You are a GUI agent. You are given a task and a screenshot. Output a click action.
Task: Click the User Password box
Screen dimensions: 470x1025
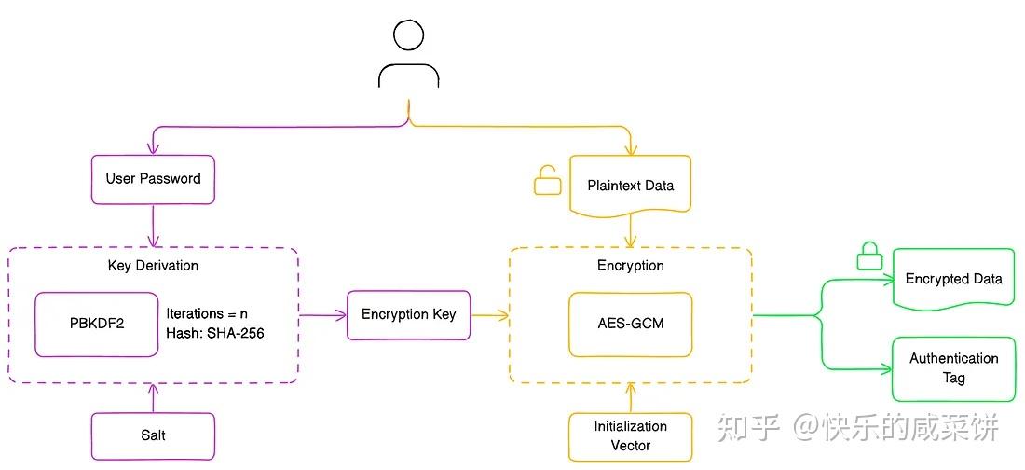(153, 179)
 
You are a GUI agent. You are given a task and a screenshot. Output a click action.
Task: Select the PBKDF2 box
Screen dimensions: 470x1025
(97, 324)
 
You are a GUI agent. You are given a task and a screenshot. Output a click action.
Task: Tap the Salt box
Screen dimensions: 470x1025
(153, 435)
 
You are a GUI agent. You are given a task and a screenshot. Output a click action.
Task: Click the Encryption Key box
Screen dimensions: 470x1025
(408, 314)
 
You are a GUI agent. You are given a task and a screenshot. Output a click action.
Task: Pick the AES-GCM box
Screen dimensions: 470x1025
(630, 324)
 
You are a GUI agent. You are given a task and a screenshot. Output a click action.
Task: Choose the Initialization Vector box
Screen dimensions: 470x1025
(630, 435)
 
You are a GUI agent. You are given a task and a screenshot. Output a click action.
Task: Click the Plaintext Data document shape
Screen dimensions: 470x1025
(630, 185)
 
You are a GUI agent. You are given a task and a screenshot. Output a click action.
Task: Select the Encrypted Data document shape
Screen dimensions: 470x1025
(953, 279)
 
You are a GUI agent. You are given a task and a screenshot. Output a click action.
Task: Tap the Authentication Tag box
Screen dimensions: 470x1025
(953, 368)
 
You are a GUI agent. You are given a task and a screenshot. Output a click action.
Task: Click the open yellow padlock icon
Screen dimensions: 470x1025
(547, 180)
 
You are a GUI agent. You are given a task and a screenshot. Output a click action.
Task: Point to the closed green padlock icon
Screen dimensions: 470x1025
(868, 256)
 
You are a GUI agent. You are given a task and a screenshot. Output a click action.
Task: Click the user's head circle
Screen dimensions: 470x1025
(408, 35)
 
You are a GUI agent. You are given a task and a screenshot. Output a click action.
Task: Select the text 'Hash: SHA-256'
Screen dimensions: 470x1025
(215, 333)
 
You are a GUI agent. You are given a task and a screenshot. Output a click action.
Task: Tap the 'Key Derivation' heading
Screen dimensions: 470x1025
(153, 265)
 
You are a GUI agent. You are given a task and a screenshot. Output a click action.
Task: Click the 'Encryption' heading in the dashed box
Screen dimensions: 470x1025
(630, 265)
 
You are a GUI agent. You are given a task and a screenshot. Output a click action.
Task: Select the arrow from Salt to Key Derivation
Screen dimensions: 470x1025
(153, 398)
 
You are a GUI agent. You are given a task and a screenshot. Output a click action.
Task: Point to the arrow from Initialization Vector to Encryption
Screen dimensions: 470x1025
(630, 396)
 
